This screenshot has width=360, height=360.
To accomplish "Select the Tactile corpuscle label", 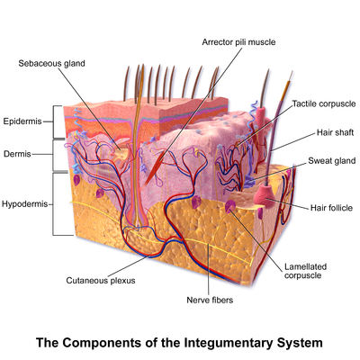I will click(x=321, y=104).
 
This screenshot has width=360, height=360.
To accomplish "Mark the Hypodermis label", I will click(x=26, y=204).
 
